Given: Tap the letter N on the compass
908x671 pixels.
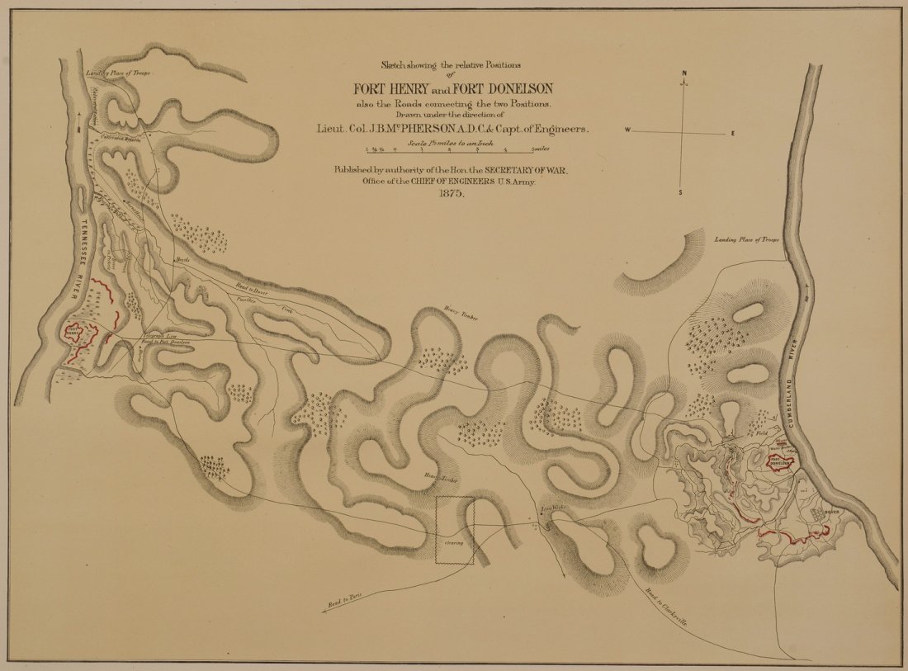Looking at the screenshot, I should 684,73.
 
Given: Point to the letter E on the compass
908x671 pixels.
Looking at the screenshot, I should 732,132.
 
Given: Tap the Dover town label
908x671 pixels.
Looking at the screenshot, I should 830,512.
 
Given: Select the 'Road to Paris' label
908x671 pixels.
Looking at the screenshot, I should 347,602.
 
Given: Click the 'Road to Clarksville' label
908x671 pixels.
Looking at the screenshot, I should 664,604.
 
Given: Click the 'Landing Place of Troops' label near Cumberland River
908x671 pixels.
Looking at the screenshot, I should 747,239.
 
